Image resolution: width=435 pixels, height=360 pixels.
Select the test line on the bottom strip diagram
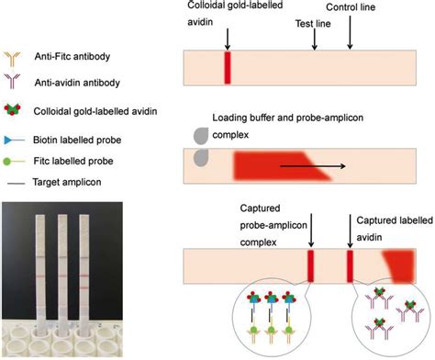[x=311, y=265]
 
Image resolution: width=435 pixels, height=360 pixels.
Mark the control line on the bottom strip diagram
[x=350, y=265]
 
